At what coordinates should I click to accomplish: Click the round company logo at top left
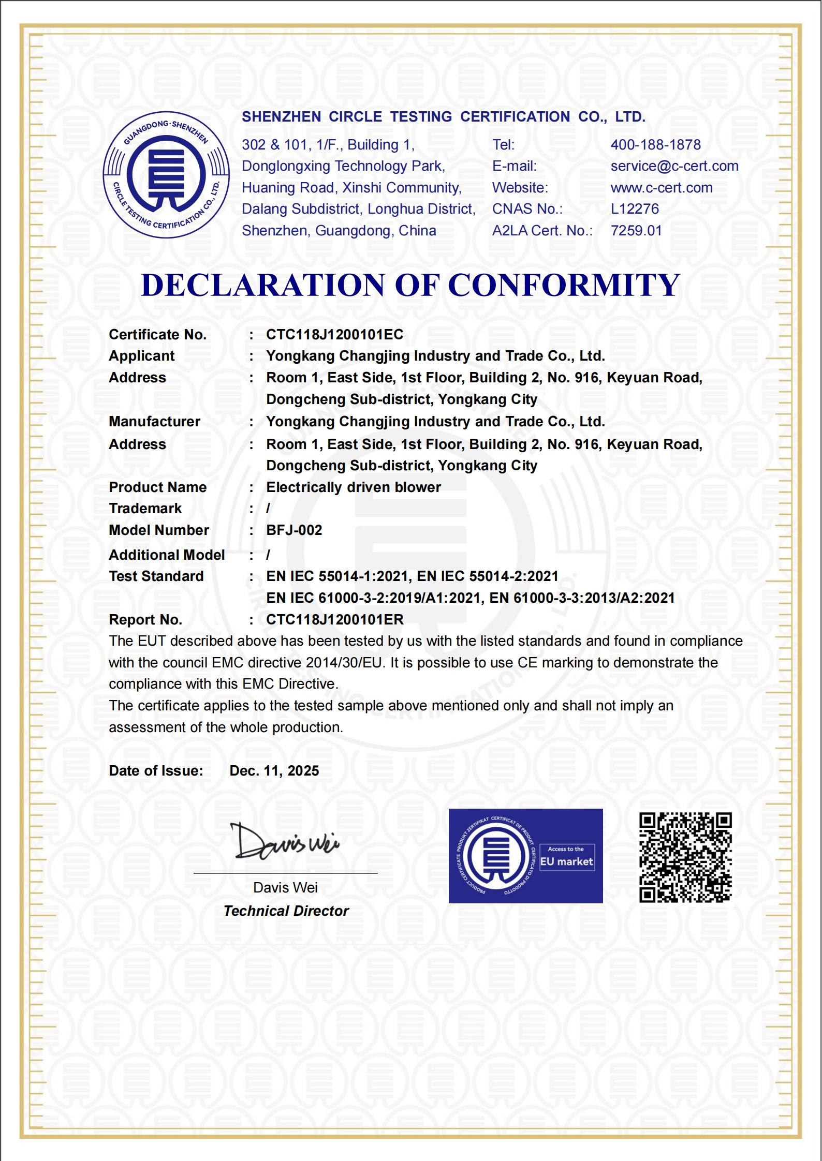coord(166,175)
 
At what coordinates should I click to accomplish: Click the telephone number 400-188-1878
coord(655,145)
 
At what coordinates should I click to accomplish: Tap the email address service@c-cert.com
coord(674,166)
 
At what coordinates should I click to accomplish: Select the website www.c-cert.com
coord(661,188)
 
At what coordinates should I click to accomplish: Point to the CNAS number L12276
coord(635,209)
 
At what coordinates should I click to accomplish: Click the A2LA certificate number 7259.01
coord(636,231)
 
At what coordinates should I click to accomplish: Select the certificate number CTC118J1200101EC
coord(334,335)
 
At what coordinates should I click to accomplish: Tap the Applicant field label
coord(141,356)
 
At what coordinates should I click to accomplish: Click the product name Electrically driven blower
coord(353,487)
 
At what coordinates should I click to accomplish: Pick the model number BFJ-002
coord(294,530)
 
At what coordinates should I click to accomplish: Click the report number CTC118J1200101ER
coord(334,620)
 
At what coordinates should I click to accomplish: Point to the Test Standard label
coord(156,576)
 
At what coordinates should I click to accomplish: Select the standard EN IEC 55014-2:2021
coord(488,576)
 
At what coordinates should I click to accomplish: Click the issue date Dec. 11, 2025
coord(274,771)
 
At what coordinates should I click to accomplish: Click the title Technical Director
coord(286,911)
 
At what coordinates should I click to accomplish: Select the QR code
coord(685,857)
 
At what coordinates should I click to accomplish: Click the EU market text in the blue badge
coord(566,861)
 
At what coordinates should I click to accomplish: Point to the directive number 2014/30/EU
coord(343,663)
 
